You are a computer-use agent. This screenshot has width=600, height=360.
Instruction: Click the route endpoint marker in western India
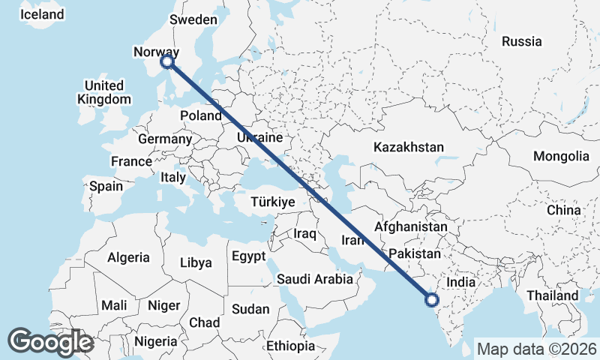pos(431,300)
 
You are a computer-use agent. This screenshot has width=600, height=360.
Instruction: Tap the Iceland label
pos(42,15)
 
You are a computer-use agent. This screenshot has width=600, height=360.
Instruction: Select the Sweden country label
pos(193,20)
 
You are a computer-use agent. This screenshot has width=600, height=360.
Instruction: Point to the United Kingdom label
pos(104,91)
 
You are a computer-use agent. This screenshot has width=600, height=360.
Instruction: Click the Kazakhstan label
pos(409,147)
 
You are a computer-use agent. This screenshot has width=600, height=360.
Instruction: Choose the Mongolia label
pos(561,156)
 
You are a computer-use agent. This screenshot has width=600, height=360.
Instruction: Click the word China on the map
pos(563,211)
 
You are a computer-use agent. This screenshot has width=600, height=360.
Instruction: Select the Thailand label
pos(553,295)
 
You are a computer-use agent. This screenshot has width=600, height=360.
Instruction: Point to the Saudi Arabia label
pos(314,279)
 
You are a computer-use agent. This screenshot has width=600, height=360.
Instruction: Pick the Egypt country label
pos(248,256)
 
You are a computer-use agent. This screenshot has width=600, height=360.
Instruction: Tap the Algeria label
pos(128,257)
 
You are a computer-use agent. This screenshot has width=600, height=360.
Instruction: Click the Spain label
pos(106,185)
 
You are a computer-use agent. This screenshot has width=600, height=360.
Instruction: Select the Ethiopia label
pos(290,346)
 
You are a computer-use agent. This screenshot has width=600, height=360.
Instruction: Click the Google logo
pos(50,342)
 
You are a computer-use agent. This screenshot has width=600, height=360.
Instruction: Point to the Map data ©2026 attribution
pos(536,349)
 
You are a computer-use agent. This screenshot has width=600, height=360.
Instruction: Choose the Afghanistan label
pos(410,226)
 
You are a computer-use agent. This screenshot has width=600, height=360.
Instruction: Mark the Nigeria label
pos(156,342)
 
